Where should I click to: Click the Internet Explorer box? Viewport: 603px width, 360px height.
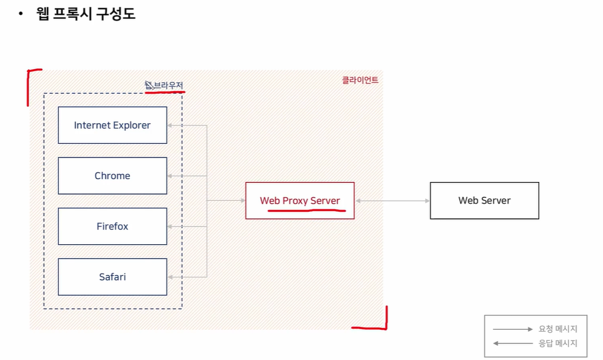[x=112, y=125]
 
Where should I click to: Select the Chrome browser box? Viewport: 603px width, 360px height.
[x=112, y=176]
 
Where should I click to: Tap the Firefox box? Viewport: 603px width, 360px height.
[x=112, y=226]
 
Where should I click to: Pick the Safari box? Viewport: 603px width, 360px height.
[x=112, y=277]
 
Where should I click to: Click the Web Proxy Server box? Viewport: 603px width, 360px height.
[x=300, y=200]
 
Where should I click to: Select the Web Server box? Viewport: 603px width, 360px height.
[x=484, y=200]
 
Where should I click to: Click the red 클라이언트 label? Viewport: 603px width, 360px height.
[x=360, y=80]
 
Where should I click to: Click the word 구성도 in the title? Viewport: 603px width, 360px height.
[x=117, y=14]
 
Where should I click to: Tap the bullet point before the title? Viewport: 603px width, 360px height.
[x=21, y=14]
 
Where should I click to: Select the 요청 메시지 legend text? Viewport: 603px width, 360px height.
[x=558, y=329]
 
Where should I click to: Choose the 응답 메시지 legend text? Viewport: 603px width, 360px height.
[x=558, y=343]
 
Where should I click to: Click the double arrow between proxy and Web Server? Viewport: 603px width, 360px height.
[x=392, y=201]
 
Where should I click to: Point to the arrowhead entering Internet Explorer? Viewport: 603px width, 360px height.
[x=169, y=126]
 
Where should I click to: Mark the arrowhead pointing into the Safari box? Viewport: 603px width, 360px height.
[x=169, y=277]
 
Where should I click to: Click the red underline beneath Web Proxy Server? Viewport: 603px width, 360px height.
[x=306, y=209]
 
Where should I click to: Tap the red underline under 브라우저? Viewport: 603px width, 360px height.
[x=165, y=91]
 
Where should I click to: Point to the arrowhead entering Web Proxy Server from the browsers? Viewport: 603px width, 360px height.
[x=242, y=201]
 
